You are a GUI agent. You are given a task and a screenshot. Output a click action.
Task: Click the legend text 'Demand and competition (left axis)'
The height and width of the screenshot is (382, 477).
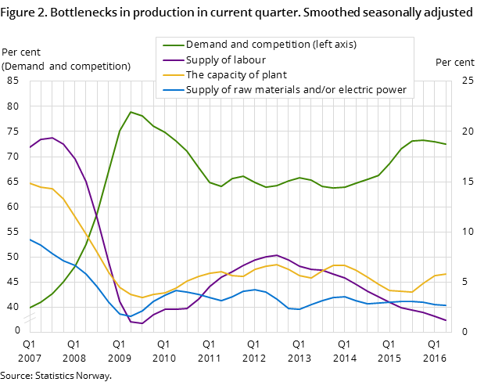(x=271, y=45)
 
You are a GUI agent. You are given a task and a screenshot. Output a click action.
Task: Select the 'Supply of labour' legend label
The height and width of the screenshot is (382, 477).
(x=225, y=59)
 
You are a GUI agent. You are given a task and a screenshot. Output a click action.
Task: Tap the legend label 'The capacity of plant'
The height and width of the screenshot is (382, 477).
(x=235, y=75)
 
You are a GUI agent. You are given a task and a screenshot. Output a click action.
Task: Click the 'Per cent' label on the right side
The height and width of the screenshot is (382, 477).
(x=454, y=63)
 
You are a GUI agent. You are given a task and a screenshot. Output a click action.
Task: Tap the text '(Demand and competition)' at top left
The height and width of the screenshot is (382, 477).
(x=66, y=66)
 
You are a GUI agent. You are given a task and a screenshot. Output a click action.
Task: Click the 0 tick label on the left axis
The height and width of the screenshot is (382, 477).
(x=17, y=330)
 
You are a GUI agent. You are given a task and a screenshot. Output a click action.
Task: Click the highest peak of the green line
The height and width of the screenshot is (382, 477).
(x=131, y=112)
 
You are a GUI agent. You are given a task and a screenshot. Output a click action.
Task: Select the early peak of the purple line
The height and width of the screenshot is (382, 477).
(x=52, y=138)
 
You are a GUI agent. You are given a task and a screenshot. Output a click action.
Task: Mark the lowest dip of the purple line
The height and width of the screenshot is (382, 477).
(x=142, y=323)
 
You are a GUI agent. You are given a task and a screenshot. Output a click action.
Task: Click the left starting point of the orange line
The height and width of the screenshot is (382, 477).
(x=30, y=183)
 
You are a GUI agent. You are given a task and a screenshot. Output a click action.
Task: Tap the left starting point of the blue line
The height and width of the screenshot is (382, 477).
(x=30, y=239)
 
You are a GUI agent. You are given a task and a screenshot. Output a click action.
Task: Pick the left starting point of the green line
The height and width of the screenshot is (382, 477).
(x=30, y=308)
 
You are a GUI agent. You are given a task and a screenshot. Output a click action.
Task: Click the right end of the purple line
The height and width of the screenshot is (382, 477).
(x=446, y=320)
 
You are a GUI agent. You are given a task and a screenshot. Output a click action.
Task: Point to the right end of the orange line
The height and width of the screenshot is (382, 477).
(x=446, y=274)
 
